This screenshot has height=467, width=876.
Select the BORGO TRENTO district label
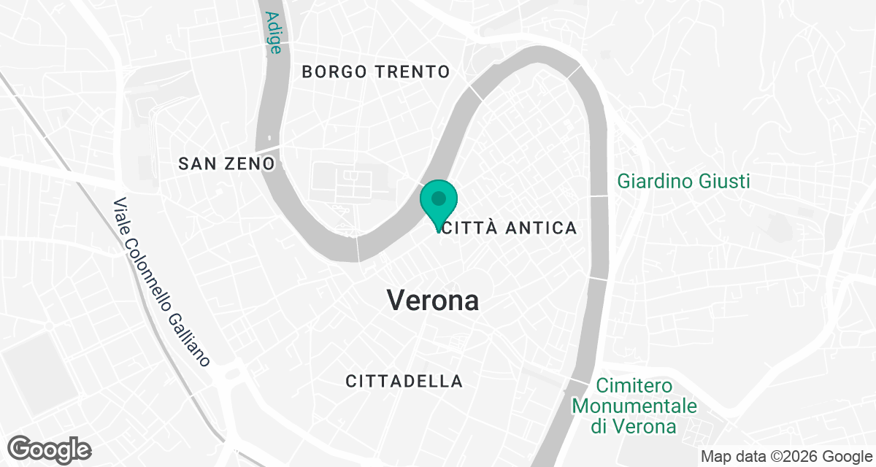(375, 72)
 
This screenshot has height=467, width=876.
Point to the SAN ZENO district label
(226, 163)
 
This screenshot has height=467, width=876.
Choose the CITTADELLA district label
(404, 381)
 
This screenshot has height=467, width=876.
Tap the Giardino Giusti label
(683, 180)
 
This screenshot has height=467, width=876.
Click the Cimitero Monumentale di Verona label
(634, 406)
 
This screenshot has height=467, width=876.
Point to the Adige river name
(274, 32)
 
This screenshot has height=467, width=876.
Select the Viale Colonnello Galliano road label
(162, 282)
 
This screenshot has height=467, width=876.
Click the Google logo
(50, 448)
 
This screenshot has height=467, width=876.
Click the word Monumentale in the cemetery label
(634, 406)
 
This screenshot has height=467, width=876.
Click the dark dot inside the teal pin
(439, 198)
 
